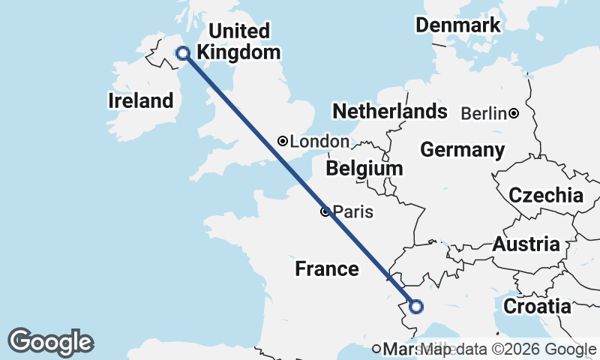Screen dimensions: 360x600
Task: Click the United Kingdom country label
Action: pyautogui.click(x=238, y=42)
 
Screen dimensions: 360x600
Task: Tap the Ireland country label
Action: pyautogui.click(x=141, y=100)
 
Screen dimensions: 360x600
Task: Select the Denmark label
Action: pyautogui.click(x=458, y=25)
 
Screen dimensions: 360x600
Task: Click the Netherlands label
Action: pyautogui.click(x=390, y=112)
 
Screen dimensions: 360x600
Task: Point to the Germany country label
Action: pyautogui.click(x=462, y=150)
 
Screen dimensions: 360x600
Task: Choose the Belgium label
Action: pyautogui.click(x=365, y=168)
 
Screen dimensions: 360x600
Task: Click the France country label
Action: pyautogui.click(x=326, y=268)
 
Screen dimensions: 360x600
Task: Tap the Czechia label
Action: pyautogui.click(x=546, y=196)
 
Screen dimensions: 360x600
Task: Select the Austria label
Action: pyautogui.click(x=526, y=244)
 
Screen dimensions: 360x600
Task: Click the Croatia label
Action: pyautogui.click(x=537, y=306)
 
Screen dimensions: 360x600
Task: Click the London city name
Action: pyautogui.click(x=319, y=142)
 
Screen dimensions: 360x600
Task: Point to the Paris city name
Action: pyautogui.click(x=353, y=212)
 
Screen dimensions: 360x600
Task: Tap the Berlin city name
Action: pyautogui.click(x=484, y=114)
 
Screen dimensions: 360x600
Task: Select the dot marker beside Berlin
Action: pyautogui.click(x=514, y=114)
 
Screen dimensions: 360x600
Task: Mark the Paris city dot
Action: pyautogui.click(x=325, y=212)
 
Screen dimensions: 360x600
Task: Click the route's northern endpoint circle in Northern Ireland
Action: pyautogui.click(x=182, y=52)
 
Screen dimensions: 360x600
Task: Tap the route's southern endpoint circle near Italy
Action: pyautogui.click(x=415, y=306)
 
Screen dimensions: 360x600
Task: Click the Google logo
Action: pyautogui.click(x=50, y=342)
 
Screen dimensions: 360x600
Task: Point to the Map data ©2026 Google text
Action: pyautogui.click(x=508, y=349)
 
